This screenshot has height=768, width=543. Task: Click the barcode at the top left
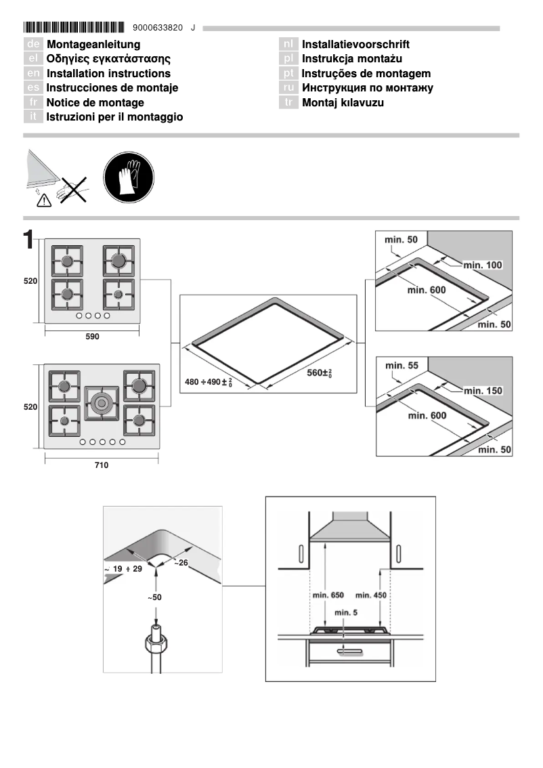tap(74, 28)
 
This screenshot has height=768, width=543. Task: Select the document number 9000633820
tap(158, 28)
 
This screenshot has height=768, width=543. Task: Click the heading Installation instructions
tap(108, 73)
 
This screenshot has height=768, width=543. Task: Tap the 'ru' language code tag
tap(289, 88)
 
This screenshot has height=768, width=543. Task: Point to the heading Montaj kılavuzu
tap(343, 102)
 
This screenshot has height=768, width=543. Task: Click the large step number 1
tap(28, 240)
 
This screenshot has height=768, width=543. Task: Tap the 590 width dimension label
tap(92, 337)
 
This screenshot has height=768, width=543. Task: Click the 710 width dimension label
tap(101, 465)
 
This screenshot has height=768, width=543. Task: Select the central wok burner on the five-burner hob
tap(102, 403)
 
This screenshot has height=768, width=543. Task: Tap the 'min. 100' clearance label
tap(483, 265)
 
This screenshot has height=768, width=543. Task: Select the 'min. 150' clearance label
tap(483, 391)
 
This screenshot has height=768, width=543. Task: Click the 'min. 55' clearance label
tap(401, 366)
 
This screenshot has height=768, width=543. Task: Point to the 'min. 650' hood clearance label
tap(328, 595)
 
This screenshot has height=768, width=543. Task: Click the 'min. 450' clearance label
tap(372, 595)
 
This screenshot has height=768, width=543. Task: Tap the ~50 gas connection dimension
tap(155, 597)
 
